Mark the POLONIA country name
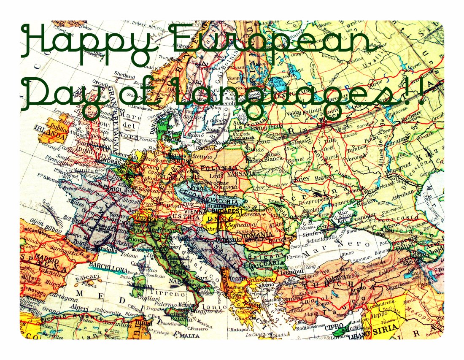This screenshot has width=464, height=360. pos(216,168)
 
